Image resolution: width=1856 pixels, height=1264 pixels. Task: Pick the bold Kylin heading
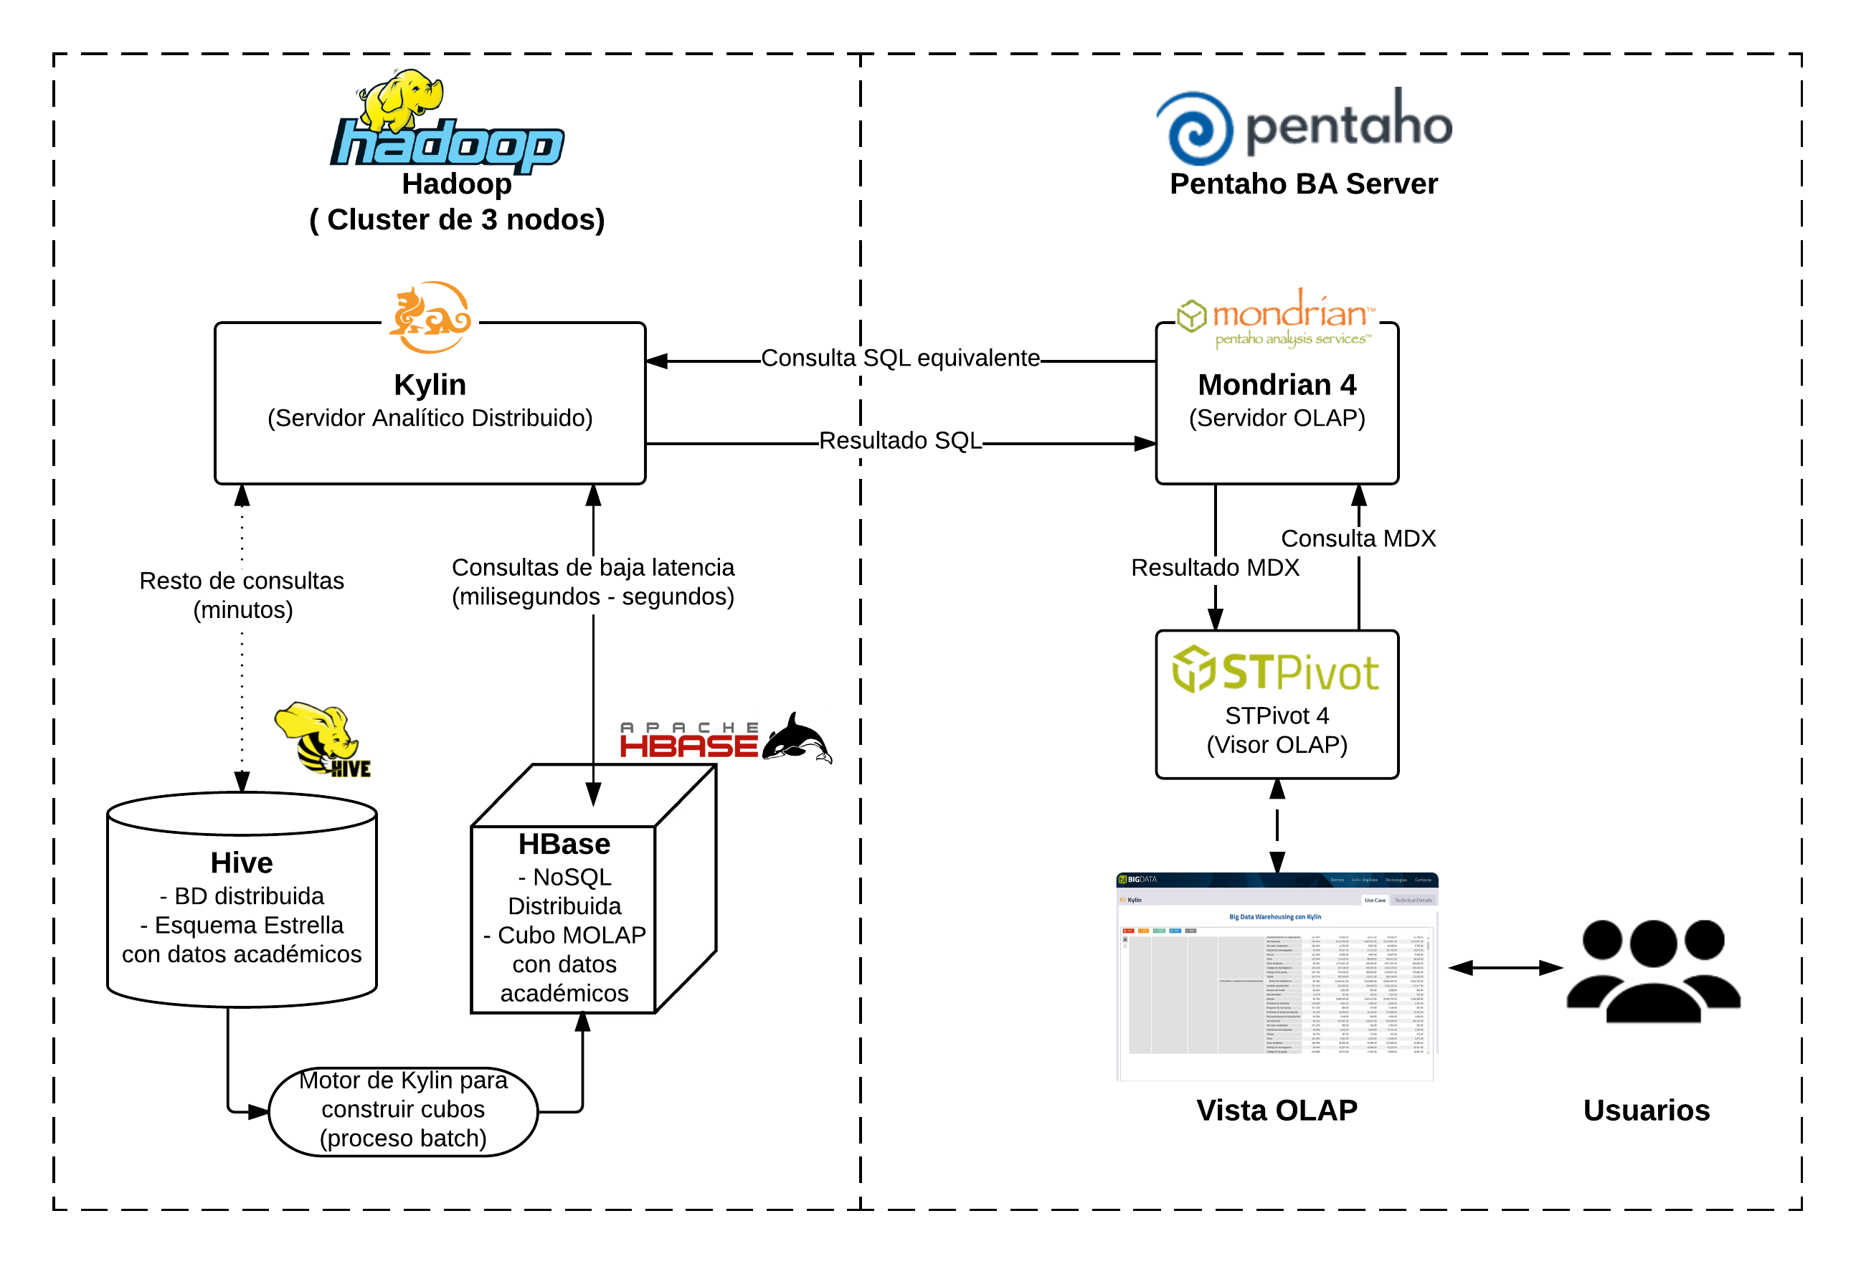(430, 385)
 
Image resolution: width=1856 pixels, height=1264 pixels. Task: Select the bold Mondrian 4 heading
(1277, 385)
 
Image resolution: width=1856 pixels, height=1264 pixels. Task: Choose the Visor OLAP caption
(1277, 745)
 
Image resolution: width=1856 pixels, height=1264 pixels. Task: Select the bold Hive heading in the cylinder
(241, 863)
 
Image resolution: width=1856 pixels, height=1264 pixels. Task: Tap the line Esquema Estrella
(241, 925)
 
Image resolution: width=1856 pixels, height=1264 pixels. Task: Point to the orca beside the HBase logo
(799, 738)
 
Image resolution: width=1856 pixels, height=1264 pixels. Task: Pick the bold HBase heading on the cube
(564, 844)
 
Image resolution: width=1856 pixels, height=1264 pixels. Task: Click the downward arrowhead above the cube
(593, 794)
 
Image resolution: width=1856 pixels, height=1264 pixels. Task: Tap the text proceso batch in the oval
(402, 1138)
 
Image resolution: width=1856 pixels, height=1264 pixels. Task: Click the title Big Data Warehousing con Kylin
(1274, 917)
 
